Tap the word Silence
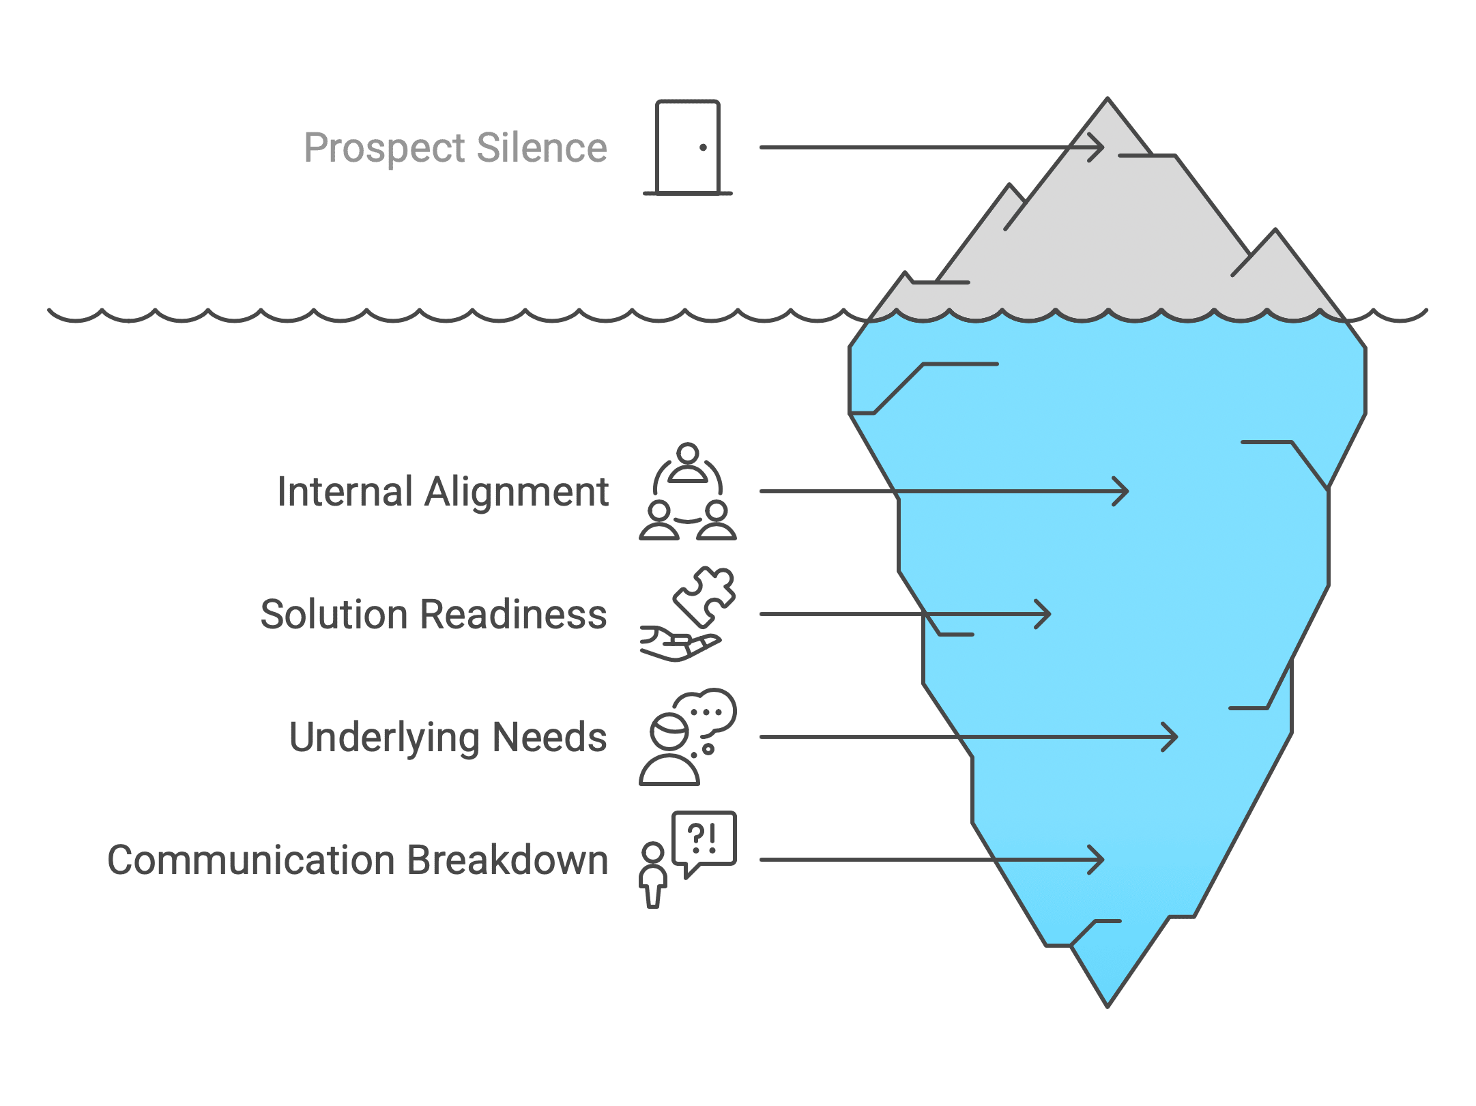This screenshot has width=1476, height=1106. point(542,147)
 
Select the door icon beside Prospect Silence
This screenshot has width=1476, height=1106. point(688,147)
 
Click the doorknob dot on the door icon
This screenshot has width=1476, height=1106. point(703,147)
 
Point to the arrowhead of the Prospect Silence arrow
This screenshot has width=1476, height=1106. point(1097,147)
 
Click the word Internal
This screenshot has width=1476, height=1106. point(345,491)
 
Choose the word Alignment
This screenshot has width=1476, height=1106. point(517,493)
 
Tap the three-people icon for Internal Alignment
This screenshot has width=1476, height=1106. point(688,491)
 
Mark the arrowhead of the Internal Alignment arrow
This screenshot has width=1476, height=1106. point(1120,491)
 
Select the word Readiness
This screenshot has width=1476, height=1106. point(513,614)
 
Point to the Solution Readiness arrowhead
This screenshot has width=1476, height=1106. point(1043,614)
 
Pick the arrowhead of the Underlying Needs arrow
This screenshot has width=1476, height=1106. point(1170,737)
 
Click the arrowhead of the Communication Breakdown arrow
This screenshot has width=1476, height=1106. point(1096,860)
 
